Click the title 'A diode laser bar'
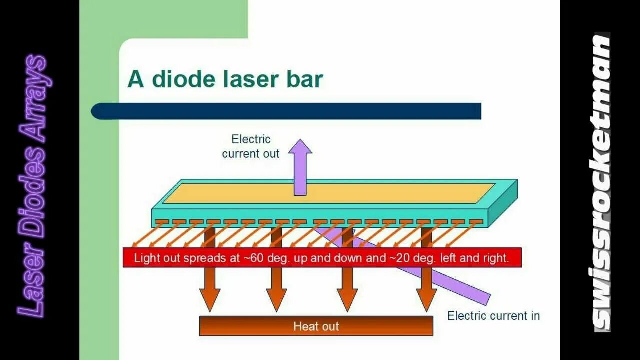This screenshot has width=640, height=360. click(225, 79)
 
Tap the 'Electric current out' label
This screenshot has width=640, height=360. click(251, 146)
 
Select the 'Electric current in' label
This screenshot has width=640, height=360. click(493, 316)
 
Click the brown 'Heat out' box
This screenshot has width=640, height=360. click(316, 326)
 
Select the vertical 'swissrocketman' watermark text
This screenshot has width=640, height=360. click(602, 182)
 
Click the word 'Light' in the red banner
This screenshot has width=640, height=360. click(145, 258)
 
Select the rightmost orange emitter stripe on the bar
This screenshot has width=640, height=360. click(476, 221)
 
